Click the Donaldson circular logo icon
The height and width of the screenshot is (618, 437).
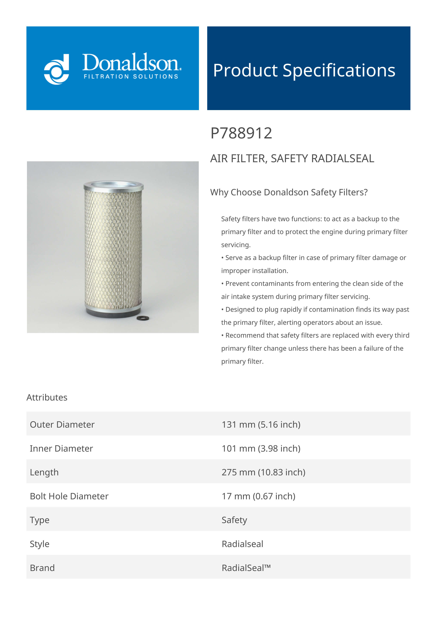57,69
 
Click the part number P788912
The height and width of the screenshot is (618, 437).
241,133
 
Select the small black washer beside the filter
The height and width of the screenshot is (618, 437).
143,318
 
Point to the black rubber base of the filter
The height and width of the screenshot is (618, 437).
113,314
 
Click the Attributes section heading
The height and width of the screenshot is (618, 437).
47,397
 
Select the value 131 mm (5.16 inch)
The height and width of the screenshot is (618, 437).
261,424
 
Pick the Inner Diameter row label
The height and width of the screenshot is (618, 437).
61,448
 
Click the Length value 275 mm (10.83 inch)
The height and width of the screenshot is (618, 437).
263,472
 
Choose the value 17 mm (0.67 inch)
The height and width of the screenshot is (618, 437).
258,496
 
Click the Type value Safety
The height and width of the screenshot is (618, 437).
234,520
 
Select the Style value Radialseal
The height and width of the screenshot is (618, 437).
242,544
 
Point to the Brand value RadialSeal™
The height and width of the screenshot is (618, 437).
246,568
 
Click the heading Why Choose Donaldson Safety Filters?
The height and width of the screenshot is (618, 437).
289,192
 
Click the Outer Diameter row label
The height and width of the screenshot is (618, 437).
62,424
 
